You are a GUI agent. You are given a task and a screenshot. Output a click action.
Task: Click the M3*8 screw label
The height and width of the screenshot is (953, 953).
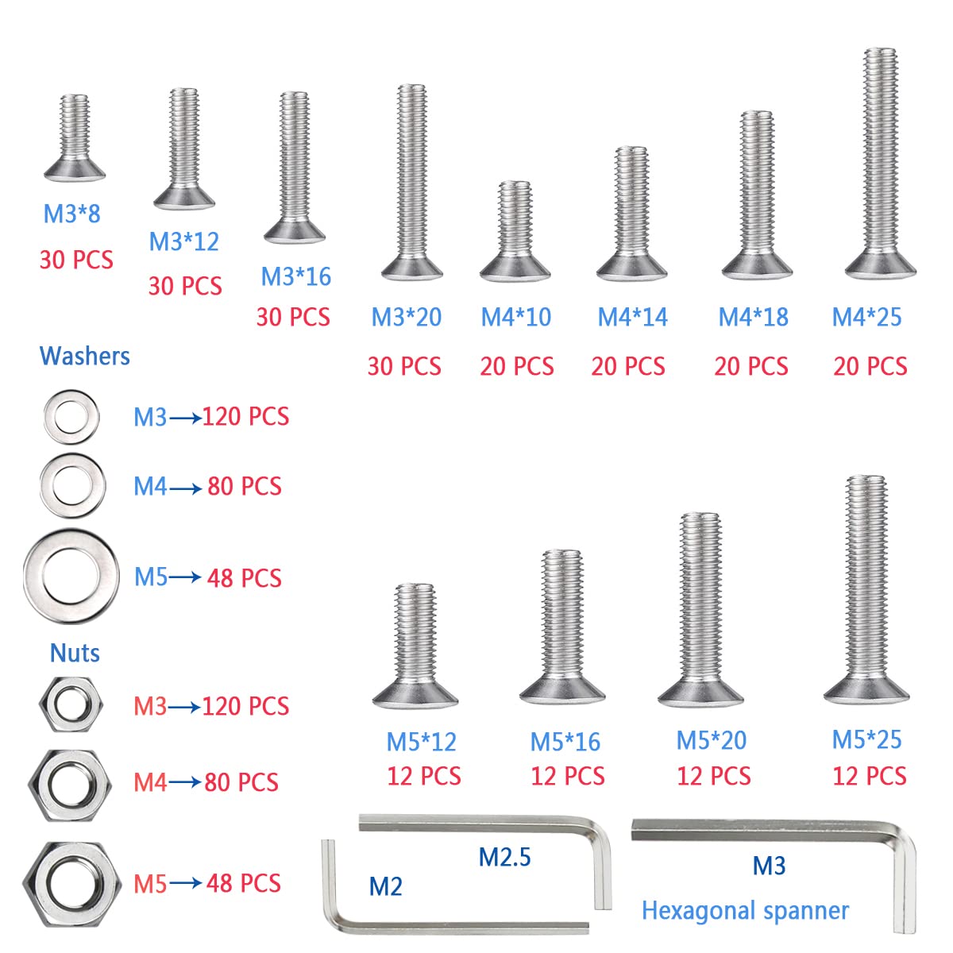(71, 214)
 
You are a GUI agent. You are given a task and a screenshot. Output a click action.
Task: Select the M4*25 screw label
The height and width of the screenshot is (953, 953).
(866, 317)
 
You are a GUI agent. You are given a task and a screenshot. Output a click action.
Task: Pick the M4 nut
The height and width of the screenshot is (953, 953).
(70, 785)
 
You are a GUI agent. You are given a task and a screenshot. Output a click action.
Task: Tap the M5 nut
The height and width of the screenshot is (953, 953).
(71, 884)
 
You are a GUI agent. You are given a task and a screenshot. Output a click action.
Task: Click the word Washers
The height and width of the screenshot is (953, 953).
(84, 356)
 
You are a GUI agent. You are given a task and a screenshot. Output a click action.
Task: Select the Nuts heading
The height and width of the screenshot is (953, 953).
(75, 653)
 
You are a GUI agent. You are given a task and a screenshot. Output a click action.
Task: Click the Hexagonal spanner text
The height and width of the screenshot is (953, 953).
(745, 910)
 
